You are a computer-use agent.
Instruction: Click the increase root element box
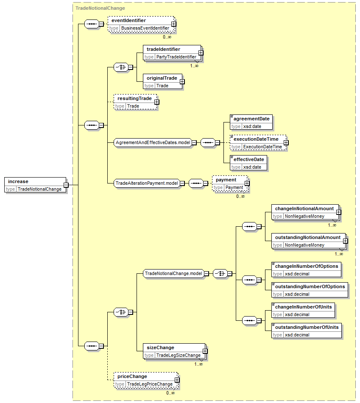click(x=35, y=185)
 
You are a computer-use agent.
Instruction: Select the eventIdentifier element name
click(x=128, y=21)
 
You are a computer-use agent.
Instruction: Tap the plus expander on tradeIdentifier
click(x=201, y=53)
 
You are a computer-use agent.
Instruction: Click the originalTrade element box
click(x=162, y=81)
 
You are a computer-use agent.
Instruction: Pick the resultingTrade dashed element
click(x=135, y=102)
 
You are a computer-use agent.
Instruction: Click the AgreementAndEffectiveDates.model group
click(x=153, y=142)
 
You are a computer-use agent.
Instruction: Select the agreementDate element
click(x=251, y=122)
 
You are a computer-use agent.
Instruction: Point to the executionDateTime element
click(x=258, y=143)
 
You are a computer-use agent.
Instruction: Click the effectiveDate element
click(x=248, y=163)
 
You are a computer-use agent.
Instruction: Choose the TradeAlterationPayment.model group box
click(x=147, y=183)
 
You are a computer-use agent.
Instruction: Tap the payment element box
click(x=230, y=183)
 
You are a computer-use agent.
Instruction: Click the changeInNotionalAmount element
click(x=305, y=212)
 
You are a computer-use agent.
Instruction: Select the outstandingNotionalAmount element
click(x=309, y=241)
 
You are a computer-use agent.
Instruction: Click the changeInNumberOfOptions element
click(x=307, y=270)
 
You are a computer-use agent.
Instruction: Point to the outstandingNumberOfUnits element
click(x=307, y=331)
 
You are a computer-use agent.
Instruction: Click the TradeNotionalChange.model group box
click(x=173, y=273)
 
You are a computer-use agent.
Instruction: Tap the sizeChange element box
click(x=174, y=351)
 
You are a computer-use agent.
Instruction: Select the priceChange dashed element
click(x=146, y=380)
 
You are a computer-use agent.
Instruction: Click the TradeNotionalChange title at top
click(x=100, y=8)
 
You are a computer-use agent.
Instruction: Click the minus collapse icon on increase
click(x=66, y=185)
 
